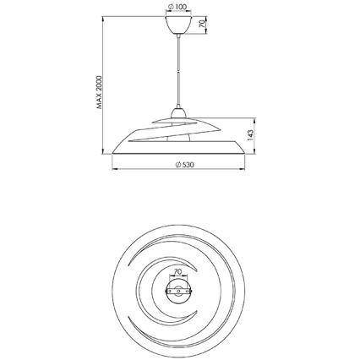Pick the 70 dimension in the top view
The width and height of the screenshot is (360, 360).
pos(178,272)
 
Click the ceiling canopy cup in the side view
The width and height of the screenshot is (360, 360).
pos(179,27)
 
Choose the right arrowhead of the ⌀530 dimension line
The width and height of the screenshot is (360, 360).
pos(248,167)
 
